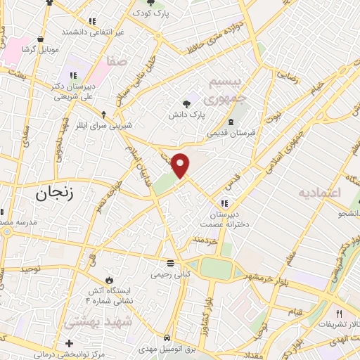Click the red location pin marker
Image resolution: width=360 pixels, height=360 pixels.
tap(181, 165)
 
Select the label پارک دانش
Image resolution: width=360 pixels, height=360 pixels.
tap(188, 113)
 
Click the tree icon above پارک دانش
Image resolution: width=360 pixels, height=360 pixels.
tap(186, 103)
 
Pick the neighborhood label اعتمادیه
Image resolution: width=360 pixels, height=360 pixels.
tap(319, 192)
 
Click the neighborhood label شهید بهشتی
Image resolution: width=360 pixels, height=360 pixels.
tap(89, 321)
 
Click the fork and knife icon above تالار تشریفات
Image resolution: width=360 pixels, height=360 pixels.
tap(338, 314)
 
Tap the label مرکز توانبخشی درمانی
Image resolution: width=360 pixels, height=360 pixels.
tap(68, 354)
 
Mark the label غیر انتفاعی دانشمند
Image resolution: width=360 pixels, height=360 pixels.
tap(92, 32)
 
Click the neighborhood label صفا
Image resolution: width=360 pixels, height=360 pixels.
tap(117, 63)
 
